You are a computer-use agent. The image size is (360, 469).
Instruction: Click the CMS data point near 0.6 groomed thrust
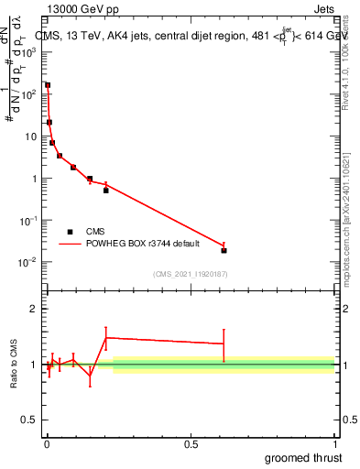(x=224, y=250)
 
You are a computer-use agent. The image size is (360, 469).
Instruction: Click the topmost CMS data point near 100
(x=48, y=85)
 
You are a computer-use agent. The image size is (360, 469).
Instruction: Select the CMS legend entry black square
(x=70, y=232)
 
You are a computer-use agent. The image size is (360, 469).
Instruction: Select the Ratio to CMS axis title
(x=14, y=365)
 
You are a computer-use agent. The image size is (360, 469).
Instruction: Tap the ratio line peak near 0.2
(x=106, y=338)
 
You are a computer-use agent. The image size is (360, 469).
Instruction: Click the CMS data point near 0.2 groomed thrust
(x=106, y=191)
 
